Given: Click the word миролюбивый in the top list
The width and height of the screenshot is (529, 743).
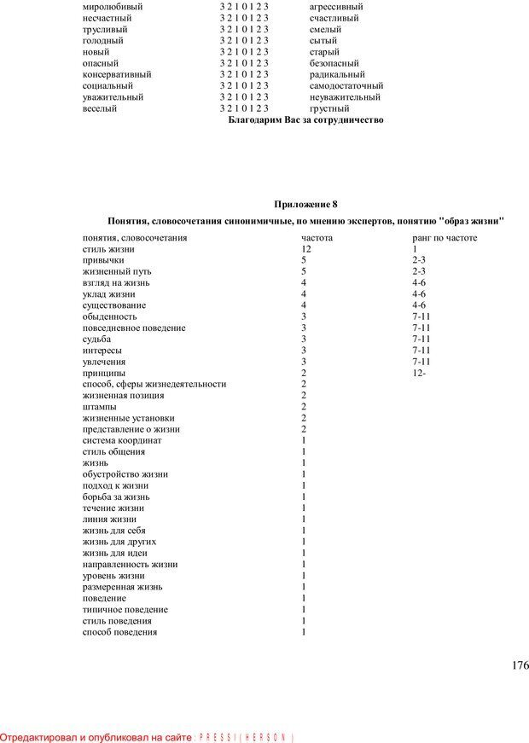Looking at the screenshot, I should (x=113, y=6).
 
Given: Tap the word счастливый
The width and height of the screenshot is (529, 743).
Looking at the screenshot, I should (x=334, y=18).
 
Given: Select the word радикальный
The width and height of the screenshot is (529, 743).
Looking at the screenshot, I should (x=337, y=74).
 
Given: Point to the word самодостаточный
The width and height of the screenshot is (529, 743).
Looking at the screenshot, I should (x=346, y=85).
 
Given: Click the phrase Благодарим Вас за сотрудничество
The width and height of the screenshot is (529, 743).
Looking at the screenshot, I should (x=306, y=120).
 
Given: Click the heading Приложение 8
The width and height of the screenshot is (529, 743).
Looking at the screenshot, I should (x=305, y=204).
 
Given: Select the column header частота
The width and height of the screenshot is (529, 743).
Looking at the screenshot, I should (x=317, y=237).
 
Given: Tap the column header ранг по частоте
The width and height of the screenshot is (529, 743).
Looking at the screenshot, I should (x=445, y=237).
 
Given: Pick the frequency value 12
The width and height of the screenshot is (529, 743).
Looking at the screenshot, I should (x=306, y=248).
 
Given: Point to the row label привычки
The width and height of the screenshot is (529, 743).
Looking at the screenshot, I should (x=103, y=259).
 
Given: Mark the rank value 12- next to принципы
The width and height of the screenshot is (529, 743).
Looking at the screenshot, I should (x=418, y=373).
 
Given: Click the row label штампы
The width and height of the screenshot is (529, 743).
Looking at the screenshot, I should (x=99, y=407).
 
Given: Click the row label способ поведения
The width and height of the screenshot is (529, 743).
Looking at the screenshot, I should (x=119, y=632).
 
